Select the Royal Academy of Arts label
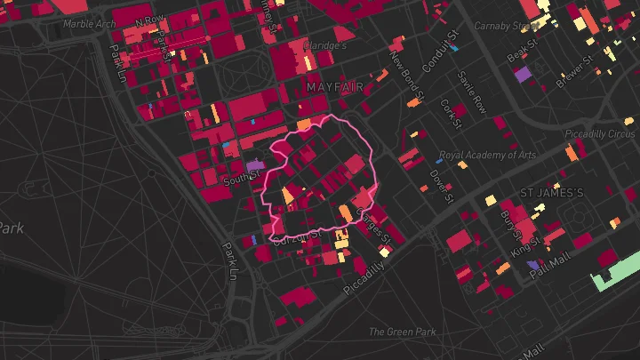pos(487,155)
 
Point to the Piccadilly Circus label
pos(601,134)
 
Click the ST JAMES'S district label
pos(551,193)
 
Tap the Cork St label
pos(452,113)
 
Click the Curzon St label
pos(297,237)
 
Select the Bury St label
pos(509,220)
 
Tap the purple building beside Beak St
pos(522,73)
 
